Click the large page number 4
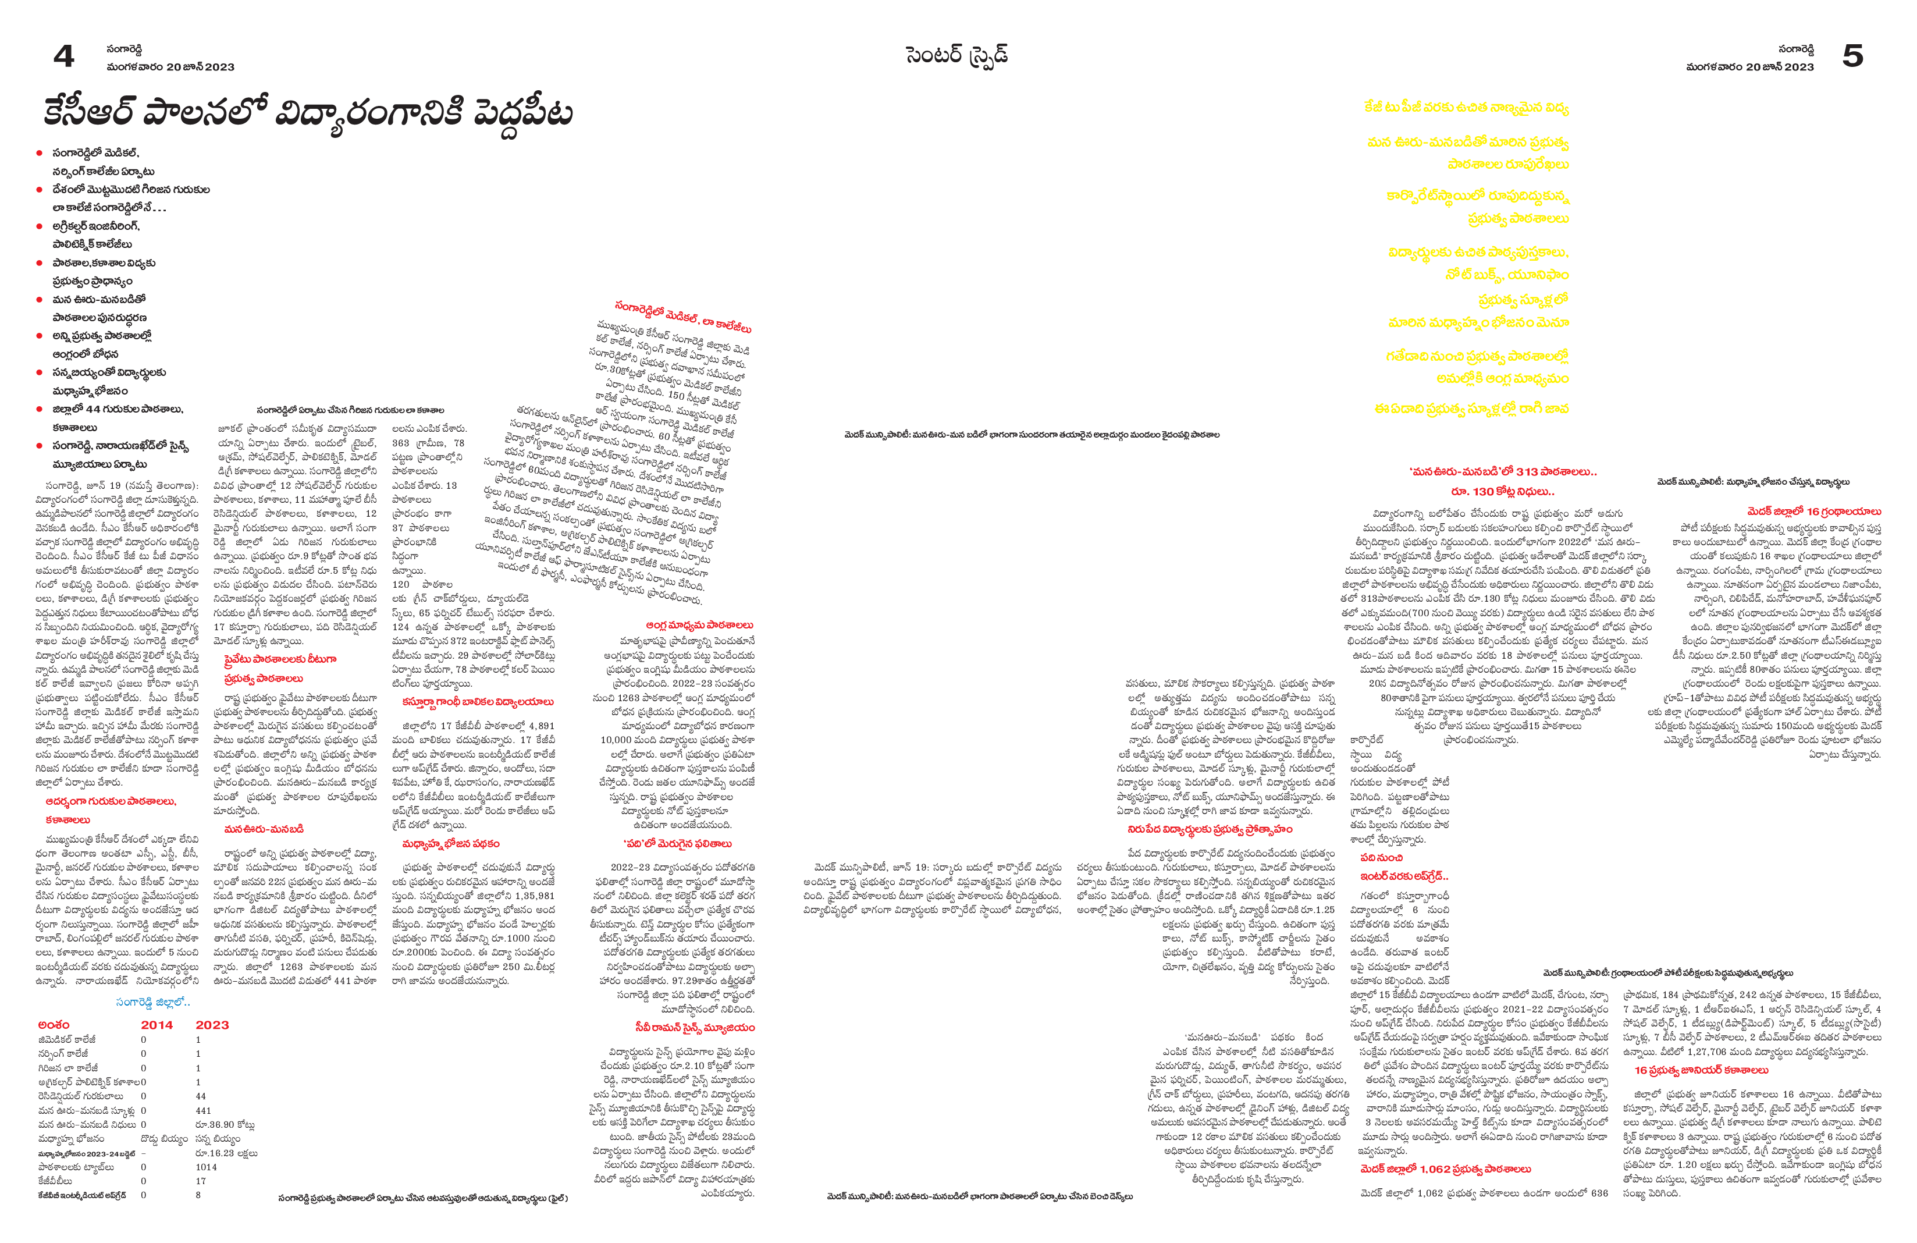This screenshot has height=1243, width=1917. point(63,56)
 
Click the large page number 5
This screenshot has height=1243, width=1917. point(1852,56)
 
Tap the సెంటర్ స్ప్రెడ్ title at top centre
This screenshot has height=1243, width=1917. point(957,56)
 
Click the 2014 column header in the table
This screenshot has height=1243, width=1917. point(157,1025)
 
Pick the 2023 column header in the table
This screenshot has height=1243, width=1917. point(212,1025)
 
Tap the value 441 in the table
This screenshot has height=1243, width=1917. point(203,1110)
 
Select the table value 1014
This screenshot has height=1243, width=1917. point(206,1166)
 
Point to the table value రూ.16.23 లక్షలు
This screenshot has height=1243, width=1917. point(226,1153)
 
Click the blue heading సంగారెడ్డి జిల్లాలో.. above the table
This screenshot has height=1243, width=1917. point(153,1002)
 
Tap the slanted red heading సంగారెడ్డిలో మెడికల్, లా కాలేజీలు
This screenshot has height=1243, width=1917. point(682,317)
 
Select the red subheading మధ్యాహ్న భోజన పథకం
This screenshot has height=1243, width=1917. point(450,843)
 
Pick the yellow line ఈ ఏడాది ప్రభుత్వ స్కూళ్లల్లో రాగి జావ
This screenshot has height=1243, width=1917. point(1471,409)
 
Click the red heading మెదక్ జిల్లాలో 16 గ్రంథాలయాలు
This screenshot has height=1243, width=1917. point(1814,512)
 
